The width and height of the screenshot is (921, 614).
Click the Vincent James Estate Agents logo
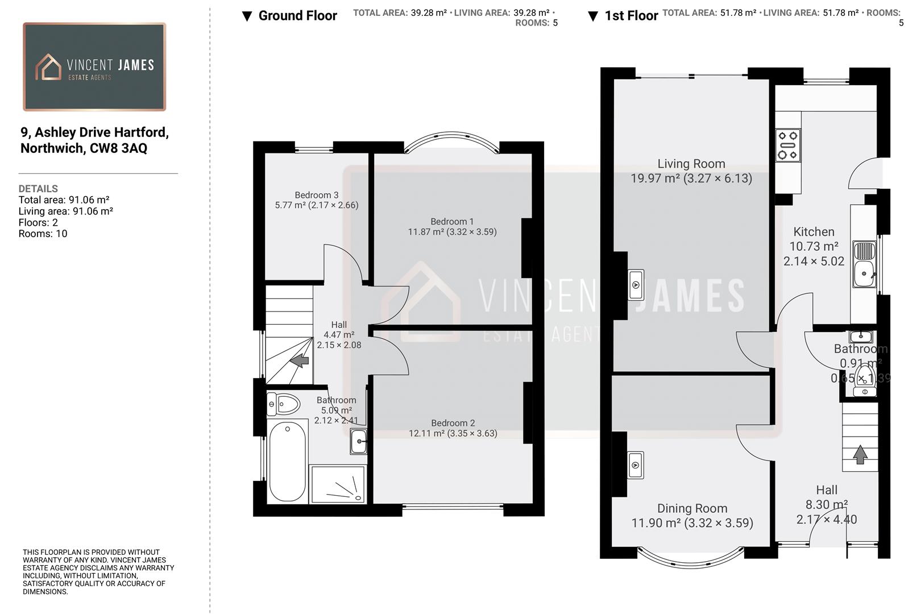point(94,67)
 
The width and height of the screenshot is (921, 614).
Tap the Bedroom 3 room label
point(316,195)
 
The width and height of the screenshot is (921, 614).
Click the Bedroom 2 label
point(453,423)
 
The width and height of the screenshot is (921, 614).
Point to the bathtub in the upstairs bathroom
point(288,462)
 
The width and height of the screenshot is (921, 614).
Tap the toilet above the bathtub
point(284,405)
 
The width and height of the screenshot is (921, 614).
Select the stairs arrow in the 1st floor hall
point(860,454)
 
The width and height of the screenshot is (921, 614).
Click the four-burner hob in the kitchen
point(788,145)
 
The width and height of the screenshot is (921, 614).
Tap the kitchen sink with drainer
point(864,265)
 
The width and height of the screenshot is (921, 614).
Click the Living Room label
point(691,164)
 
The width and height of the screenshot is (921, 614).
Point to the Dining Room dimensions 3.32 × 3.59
point(719,523)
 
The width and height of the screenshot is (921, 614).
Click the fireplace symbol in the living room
point(636,284)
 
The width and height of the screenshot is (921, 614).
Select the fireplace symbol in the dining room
point(636,466)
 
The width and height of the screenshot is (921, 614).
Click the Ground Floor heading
point(297,16)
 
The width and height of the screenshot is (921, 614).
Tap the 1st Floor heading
point(630,16)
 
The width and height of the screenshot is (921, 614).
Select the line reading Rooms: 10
point(43,234)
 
